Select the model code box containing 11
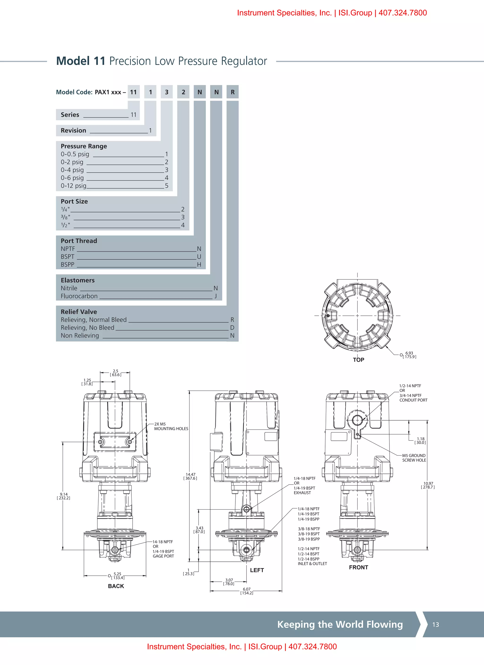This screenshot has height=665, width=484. point(134,92)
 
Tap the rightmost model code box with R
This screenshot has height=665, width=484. point(233,92)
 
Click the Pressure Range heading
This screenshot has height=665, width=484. point(84,146)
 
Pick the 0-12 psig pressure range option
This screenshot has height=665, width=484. point(74,186)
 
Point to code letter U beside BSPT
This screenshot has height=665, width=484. point(199,256)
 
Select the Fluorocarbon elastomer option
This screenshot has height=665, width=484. point(79,296)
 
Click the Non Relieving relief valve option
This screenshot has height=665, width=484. point(80,335)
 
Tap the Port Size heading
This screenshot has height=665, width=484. point(74,201)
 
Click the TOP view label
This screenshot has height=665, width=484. point(358,360)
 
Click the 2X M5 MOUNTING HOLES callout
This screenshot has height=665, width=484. point(171,426)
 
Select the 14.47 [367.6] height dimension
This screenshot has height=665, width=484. point(190,476)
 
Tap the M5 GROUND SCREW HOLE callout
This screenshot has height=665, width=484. point(414,458)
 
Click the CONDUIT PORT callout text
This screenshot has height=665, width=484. point(413,400)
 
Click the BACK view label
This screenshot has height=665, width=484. point(116,586)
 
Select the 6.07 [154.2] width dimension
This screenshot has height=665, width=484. point(246,591)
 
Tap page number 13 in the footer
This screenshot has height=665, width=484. point(436,625)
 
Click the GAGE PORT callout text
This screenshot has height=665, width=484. point(163,556)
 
